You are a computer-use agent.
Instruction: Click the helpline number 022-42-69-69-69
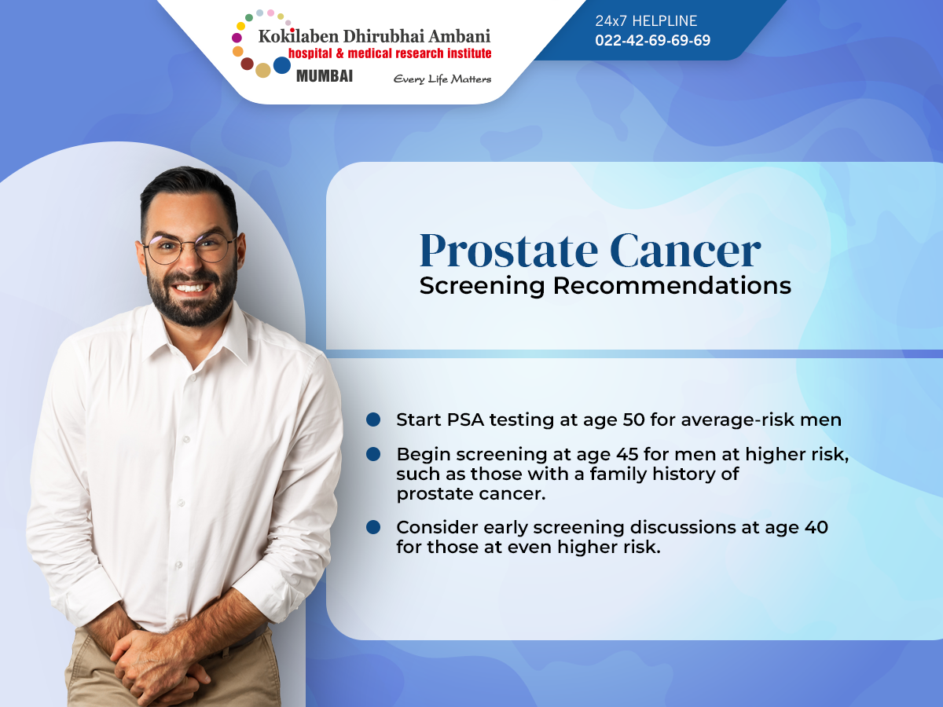coord(652,40)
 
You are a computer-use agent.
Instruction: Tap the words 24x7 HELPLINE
coord(646,20)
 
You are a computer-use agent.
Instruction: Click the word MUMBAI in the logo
coord(325,76)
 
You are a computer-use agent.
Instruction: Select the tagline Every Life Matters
coord(442,79)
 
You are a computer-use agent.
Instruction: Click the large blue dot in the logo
coord(282,65)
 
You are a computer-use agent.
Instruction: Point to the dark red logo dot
coord(247,64)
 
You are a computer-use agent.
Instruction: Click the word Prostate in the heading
coord(508,251)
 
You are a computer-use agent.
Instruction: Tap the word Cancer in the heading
coord(685,251)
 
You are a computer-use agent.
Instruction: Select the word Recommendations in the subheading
coord(672,285)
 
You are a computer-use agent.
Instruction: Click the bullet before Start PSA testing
coord(373,419)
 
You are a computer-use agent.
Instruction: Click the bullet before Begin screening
coord(373,454)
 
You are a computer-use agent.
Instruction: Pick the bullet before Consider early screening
coord(373,527)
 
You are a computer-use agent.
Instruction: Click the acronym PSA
coord(466,419)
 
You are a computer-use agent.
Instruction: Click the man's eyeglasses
coord(189,248)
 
